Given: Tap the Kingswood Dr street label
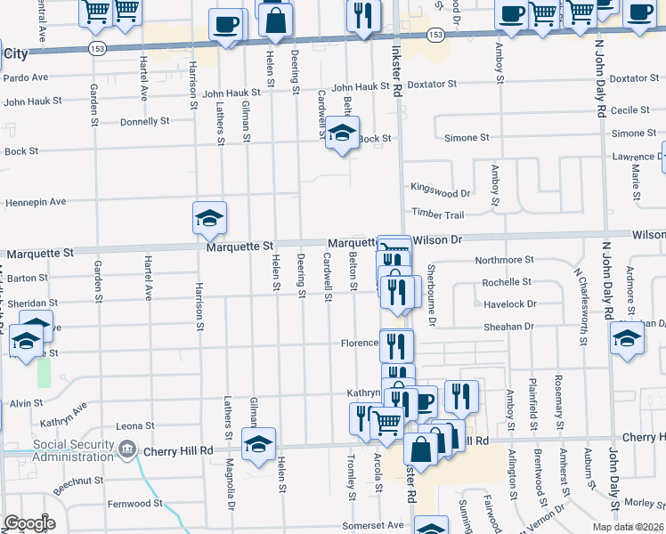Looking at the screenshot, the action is point(440,192).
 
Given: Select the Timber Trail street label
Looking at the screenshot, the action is point(437,214).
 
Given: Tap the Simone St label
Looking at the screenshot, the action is point(467,138).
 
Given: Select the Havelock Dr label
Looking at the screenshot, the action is point(510,304).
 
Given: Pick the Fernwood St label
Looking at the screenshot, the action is point(134,503).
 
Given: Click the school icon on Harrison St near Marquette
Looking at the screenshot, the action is point(209,219).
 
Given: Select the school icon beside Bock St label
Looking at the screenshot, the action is point(342,133).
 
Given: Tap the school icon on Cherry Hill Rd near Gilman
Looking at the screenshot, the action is point(258,445).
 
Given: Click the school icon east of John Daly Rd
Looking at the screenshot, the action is point(628,339).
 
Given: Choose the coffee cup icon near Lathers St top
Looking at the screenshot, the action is point(228,25).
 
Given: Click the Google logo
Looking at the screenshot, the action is point(29,523).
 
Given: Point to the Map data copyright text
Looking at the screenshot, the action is point(628,527).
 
